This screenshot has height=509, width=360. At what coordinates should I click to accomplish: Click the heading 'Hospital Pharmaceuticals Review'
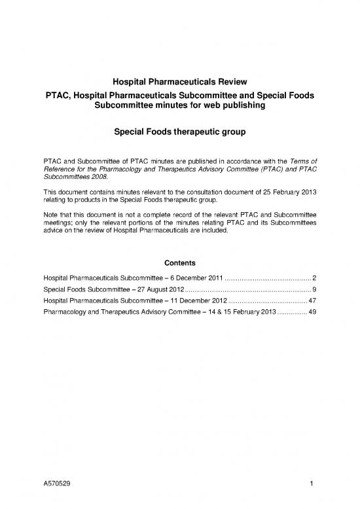coord(180,82)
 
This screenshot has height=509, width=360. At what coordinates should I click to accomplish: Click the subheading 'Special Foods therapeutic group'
coord(180,132)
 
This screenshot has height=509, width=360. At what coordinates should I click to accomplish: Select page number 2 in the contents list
coord(315,280)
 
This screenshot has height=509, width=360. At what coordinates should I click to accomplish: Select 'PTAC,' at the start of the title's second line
coord(59,95)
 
